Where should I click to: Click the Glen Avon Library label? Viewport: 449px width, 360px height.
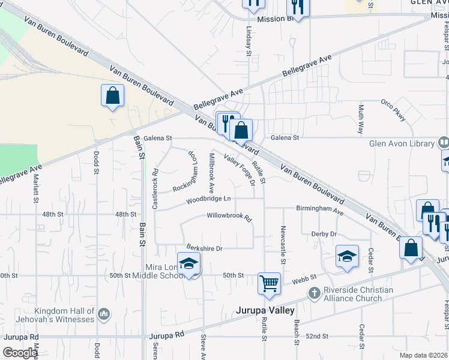(402, 143)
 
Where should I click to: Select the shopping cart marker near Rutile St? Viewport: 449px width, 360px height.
(269, 283)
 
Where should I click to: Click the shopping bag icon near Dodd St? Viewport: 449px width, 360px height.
(112, 95)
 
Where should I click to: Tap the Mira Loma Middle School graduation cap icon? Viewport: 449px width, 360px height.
(188, 263)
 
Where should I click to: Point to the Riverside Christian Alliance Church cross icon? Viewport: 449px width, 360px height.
(314, 293)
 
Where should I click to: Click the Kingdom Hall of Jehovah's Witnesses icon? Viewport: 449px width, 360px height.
(104, 313)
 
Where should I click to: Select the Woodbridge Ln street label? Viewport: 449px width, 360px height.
(208, 199)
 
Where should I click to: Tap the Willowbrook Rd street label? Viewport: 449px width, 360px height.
(229, 216)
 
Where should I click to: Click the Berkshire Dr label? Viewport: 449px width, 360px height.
(204, 248)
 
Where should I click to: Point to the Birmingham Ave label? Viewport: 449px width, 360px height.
(319, 209)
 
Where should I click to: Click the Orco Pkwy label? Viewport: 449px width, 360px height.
(393, 110)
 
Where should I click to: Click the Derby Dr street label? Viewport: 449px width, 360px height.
(324, 234)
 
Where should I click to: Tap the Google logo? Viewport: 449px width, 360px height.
(20, 353)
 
